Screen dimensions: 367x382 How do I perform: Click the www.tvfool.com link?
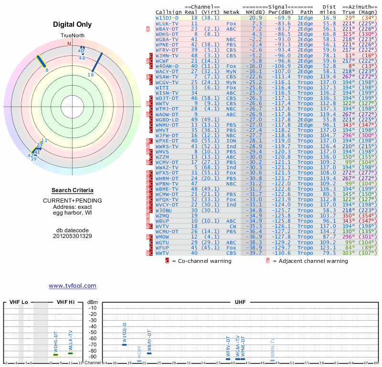pos(72,286)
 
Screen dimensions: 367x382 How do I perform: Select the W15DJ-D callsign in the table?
pos(167,17)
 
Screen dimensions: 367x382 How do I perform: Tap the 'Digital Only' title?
pos(73,24)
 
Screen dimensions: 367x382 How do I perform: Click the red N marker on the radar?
pos(69,43)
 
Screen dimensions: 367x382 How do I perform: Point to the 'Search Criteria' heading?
pos(72,190)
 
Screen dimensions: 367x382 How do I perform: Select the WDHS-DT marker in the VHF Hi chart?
pos(55,355)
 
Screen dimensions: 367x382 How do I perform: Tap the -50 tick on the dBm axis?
pos(93,332)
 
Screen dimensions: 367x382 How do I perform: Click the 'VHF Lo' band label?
pos(19,302)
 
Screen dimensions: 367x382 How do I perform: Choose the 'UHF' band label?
pos(240,302)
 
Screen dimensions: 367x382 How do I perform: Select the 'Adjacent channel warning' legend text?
pos(310,261)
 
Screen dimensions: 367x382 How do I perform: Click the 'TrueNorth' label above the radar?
pos(72,36)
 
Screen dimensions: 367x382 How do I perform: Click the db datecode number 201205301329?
pos(72,236)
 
